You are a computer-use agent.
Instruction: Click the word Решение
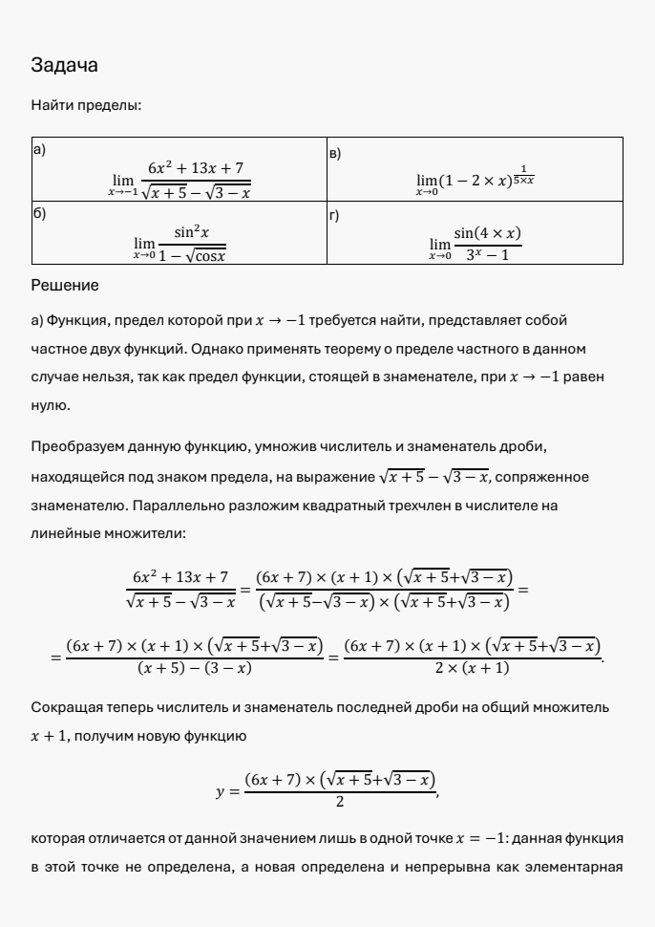65,285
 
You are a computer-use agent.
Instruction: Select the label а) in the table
38,150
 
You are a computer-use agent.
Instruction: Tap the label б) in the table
39,214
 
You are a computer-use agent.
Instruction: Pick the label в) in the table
334,152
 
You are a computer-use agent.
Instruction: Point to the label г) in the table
334,216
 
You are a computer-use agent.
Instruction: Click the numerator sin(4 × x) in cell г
487,233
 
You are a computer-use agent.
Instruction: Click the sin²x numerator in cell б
192,232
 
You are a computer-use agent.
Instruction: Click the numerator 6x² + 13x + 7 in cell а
195,168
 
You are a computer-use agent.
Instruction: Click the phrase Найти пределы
86,105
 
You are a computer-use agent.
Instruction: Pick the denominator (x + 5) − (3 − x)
195,667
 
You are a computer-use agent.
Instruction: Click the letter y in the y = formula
221,791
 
